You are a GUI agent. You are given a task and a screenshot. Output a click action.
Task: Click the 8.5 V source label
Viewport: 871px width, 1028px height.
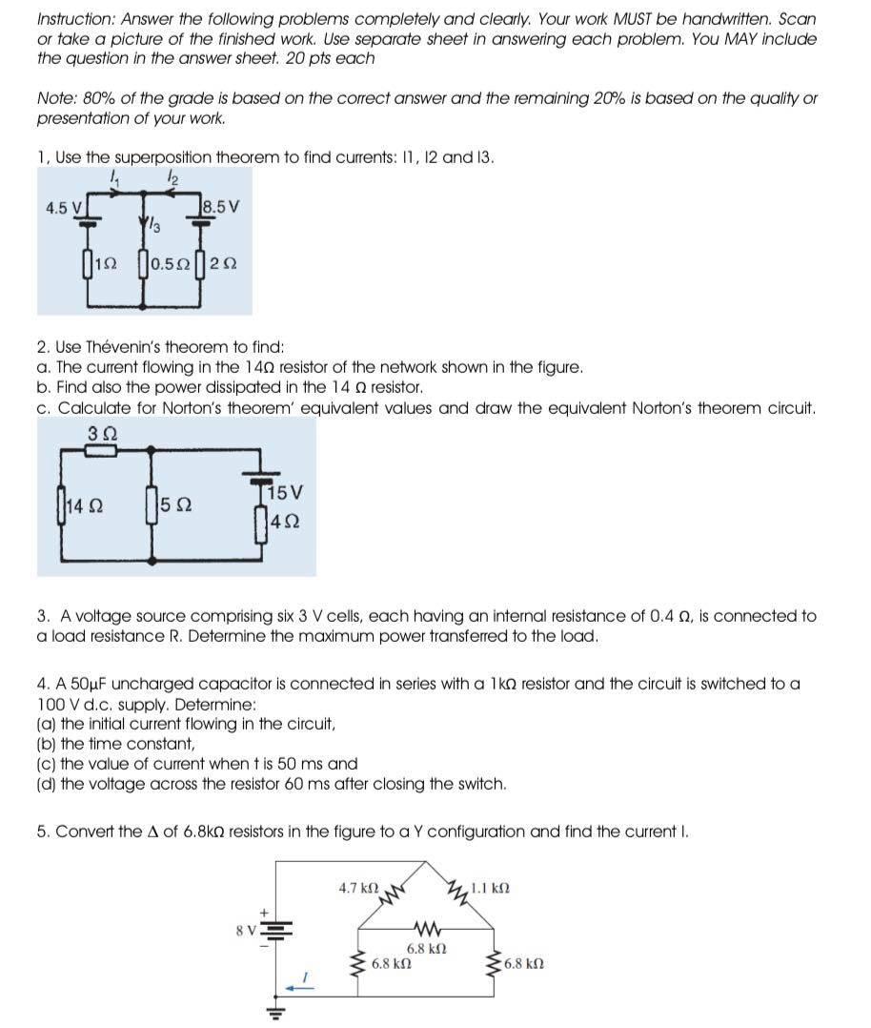pos(222,204)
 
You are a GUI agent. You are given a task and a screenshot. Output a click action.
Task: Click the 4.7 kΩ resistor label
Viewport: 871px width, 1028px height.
pos(358,887)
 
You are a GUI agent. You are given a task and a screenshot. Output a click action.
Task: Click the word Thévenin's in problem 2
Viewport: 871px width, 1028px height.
pos(130,348)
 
